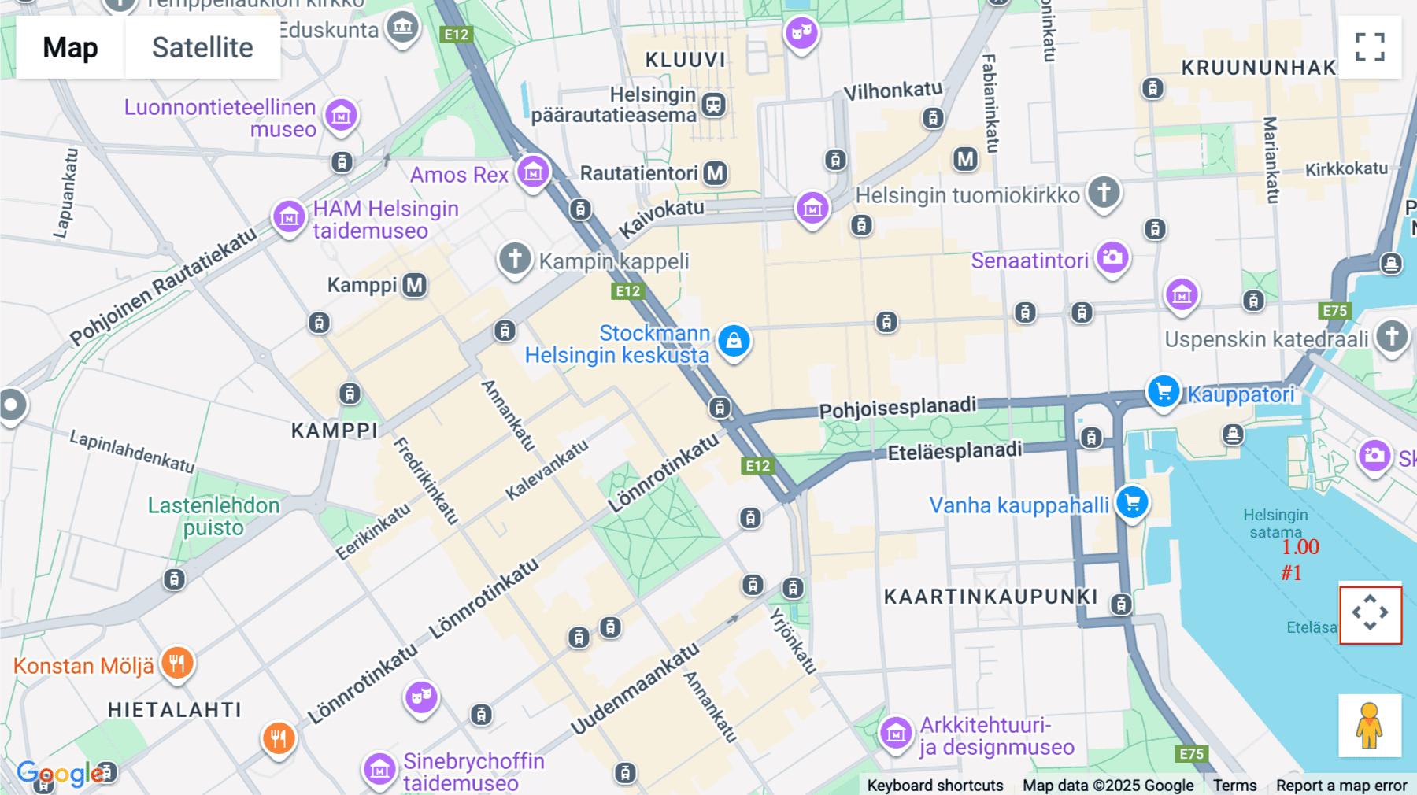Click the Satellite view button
coord(202,48)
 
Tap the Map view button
coord(70,48)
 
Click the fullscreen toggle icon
coord(1370,47)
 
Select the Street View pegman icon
coord(1370,725)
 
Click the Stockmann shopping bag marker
coord(734,341)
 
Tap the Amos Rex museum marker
coord(533,171)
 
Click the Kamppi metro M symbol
coord(415,285)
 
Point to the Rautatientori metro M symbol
coord(715,173)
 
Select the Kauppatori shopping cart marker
coord(1163,391)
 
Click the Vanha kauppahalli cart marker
coord(1132,502)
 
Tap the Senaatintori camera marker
coord(1112,257)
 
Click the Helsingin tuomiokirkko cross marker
coord(1104,191)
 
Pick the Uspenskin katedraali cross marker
coord(1391,336)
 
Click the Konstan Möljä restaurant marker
coord(177,664)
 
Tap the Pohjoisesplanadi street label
coord(897,408)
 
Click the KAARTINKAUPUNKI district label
coord(990,597)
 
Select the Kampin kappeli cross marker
coord(515,258)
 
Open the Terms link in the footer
coord(1234,786)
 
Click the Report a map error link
coord(1341,786)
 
